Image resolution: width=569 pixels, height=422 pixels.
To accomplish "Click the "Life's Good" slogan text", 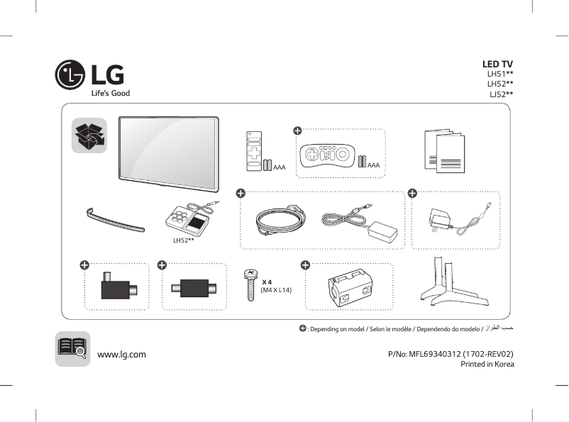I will coord(110,93).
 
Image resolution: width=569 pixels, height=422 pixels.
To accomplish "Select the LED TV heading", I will coord(497,65).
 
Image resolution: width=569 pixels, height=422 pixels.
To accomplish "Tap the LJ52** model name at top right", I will coord(501,94).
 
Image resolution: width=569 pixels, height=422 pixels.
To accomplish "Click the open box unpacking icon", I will coord(89,135).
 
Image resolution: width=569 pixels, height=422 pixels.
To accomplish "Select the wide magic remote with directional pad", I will coord(328,155).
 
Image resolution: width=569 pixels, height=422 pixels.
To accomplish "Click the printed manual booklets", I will coord(446,150).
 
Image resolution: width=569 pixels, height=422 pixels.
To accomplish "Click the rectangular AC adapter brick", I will coord(382,228).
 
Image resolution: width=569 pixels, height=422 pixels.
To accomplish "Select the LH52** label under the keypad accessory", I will coord(184,240).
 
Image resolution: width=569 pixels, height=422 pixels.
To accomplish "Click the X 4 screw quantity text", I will coord(267,282).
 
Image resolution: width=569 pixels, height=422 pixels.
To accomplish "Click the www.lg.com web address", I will coord(121,355).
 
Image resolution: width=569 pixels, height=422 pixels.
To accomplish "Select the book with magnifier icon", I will coord(72,349).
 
